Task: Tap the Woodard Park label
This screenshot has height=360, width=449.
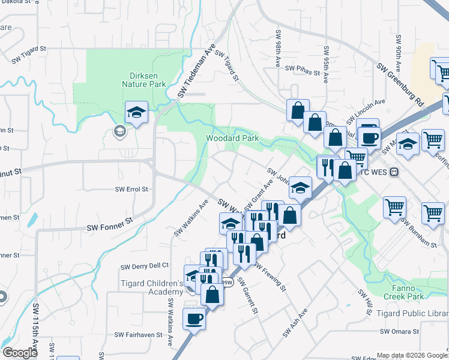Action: pos(232,138)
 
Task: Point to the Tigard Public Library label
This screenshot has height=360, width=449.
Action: pos(412,313)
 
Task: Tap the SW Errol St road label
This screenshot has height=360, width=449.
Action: pos(131,188)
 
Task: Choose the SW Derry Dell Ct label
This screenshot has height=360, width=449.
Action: pos(145,266)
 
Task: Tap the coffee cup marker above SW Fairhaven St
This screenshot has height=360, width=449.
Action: pos(194,318)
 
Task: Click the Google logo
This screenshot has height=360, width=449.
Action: pos(20,352)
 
